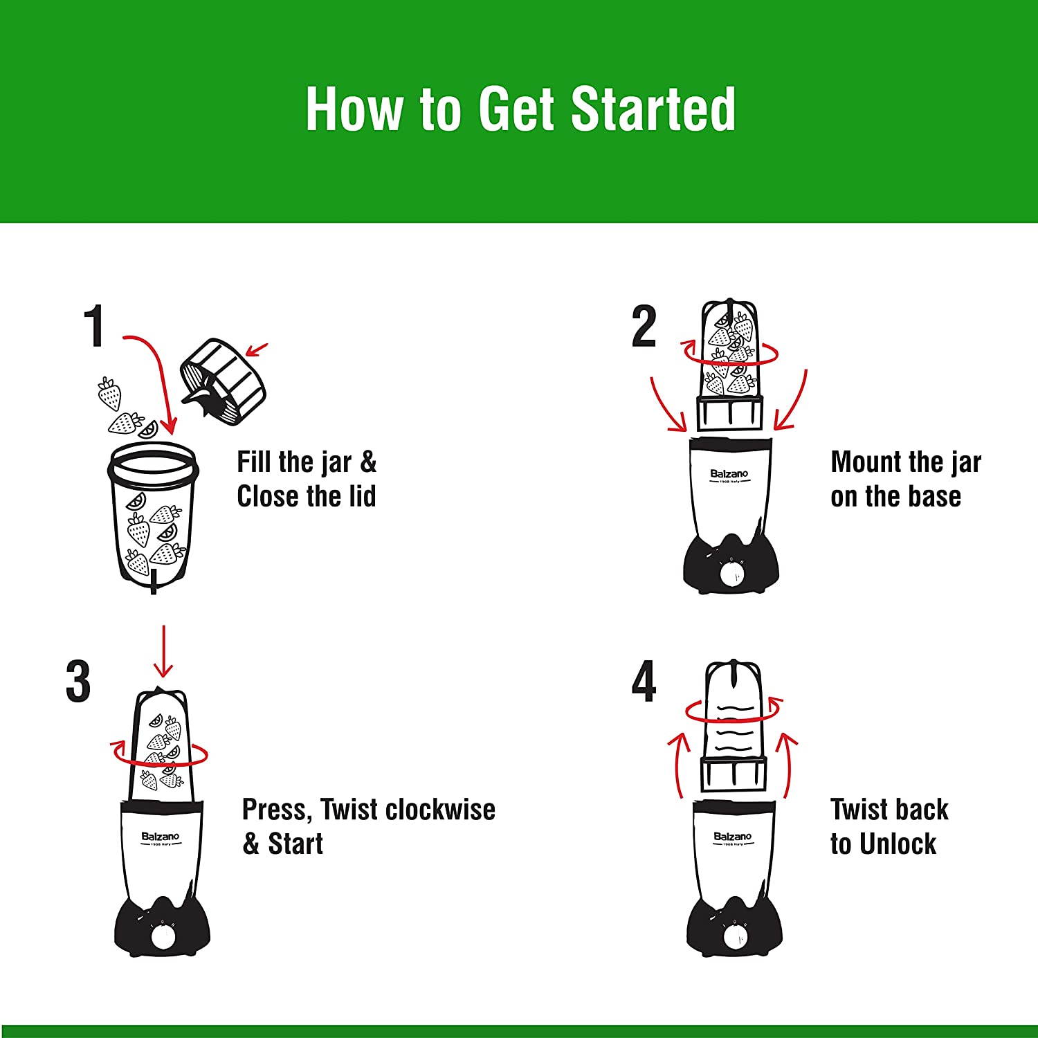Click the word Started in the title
(653, 109)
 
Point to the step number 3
(78, 682)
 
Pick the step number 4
(644, 682)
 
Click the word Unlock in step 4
(898, 844)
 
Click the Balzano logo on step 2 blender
(729, 475)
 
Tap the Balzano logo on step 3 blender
(161, 837)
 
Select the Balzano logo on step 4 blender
(732, 837)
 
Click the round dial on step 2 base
(731, 574)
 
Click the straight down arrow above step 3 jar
(163, 651)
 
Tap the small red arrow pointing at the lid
(256, 349)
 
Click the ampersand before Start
(251, 844)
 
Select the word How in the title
(354, 109)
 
